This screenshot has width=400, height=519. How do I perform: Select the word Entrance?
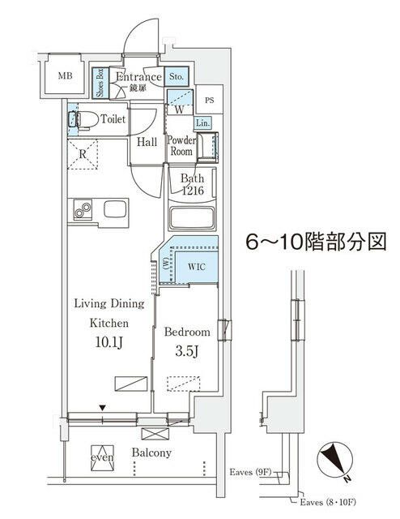point(143,77)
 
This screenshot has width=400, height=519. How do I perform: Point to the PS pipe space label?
point(210,101)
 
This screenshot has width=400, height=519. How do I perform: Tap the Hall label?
point(147,142)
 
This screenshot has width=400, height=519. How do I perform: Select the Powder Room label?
point(180,146)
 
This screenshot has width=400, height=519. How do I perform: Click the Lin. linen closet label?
point(203,122)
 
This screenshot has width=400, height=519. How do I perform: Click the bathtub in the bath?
point(192,218)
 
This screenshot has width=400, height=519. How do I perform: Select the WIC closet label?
point(197,265)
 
